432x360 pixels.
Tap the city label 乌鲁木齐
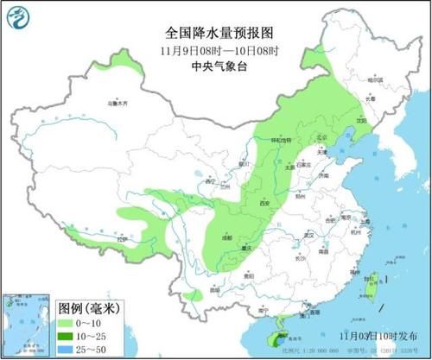[x=117, y=103]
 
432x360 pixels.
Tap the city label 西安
[x=264, y=203]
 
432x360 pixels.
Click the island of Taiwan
[x=371, y=281]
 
